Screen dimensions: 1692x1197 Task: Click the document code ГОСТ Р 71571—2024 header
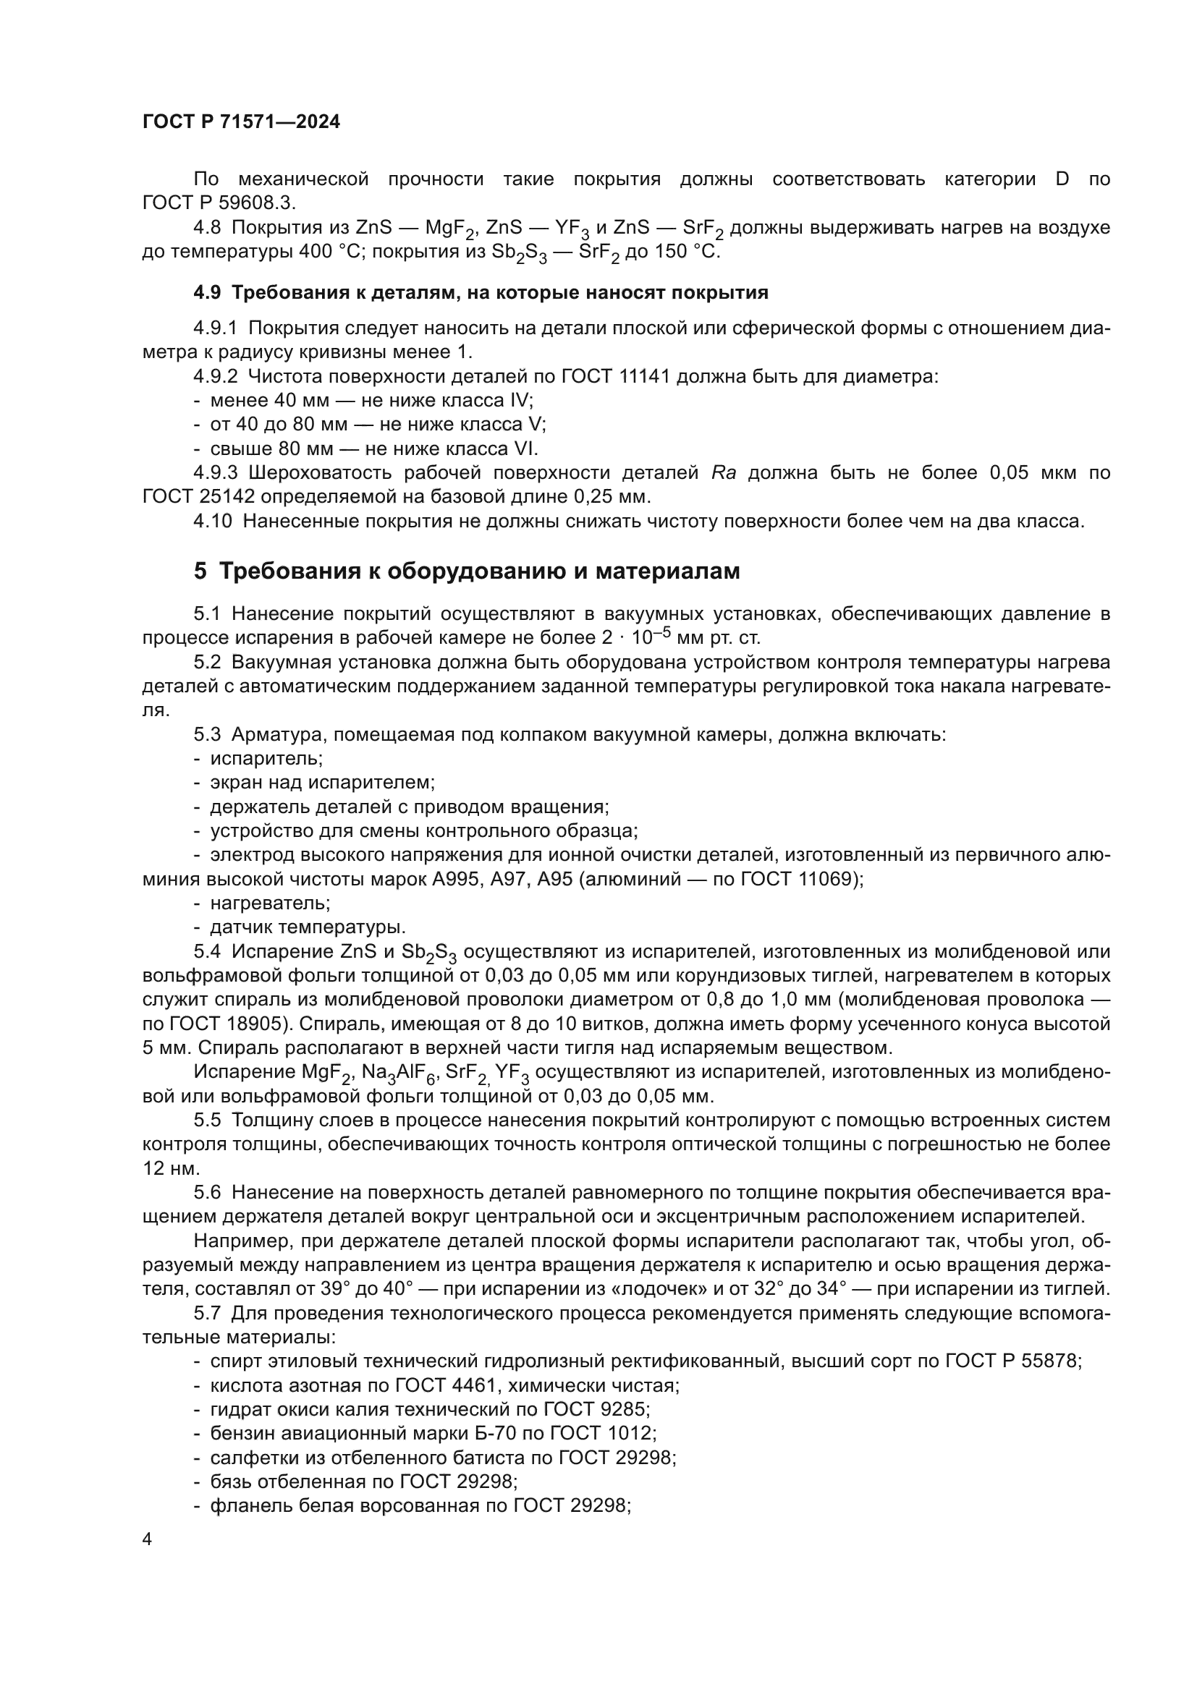pos(241,122)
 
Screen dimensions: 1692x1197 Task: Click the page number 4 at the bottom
pos(148,1539)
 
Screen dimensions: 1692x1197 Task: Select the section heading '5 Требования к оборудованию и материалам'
pos(467,571)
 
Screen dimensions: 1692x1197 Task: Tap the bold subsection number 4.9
pos(206,292)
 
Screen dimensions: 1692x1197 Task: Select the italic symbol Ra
pos(724,472)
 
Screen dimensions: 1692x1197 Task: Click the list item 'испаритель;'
pos(266,758)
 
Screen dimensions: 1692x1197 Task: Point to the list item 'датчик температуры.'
pos(308,927)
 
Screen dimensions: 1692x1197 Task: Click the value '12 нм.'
pos(171,1169)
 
